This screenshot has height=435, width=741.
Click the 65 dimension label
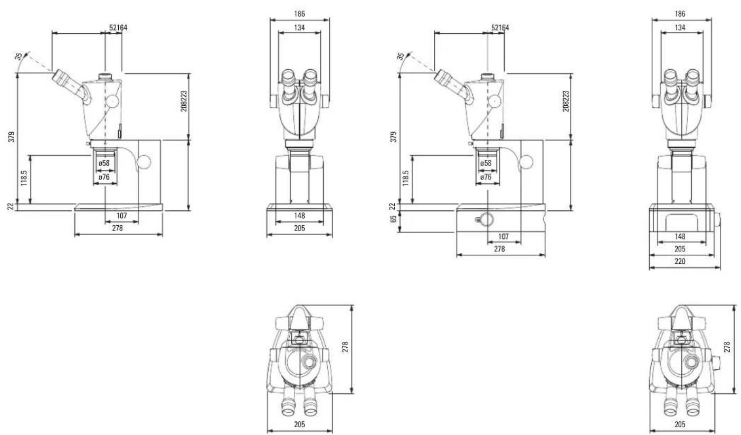[x=393, y=219]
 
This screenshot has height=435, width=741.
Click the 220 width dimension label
[x=680, y=262]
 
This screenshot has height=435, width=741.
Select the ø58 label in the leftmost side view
[x=104, y=163]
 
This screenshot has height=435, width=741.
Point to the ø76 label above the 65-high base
[x=486, y=177]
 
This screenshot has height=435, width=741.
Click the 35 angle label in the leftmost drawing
[x=19, y=57]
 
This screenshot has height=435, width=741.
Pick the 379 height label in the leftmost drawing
[x=12, y=137]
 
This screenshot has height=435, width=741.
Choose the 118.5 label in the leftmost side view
[x=24, y=178]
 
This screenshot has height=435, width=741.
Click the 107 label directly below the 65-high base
[x=503, y=236]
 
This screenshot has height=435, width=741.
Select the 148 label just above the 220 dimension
[x=680, y=236]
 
